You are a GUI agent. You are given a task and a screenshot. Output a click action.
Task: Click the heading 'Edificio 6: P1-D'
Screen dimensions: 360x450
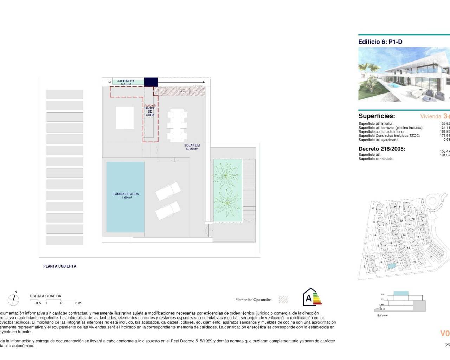coord(380,42)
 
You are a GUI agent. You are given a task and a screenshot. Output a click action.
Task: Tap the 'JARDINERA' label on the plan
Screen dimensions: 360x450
coord(126,81)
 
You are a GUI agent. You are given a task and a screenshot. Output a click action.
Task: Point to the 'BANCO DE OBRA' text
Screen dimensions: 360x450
coord(150,111)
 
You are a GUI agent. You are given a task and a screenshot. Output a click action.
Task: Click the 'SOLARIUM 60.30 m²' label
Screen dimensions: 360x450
coord(192,147)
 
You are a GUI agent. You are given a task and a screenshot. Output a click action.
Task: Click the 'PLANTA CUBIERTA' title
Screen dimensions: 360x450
coord(60,266)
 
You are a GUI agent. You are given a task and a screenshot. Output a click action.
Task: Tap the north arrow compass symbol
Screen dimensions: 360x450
coord(14,299)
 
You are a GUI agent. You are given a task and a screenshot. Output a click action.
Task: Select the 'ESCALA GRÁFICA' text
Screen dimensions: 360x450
coord(45,296)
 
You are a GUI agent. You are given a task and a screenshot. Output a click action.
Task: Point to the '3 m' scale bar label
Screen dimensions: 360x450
coord(78,303)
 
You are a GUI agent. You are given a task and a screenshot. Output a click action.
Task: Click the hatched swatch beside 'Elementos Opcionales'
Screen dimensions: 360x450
coord(283,300)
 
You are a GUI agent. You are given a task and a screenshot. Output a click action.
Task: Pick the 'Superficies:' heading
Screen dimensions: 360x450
coord(377,116)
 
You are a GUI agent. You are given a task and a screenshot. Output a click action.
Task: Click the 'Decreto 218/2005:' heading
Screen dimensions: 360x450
coord(382,149)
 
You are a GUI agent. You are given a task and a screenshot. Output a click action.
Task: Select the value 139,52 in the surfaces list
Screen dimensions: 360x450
coord(445,124)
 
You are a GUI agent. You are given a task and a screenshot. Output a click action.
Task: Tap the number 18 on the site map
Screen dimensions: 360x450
coord(431,257)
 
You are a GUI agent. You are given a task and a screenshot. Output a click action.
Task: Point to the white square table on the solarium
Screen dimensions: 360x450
coord(124,118)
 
